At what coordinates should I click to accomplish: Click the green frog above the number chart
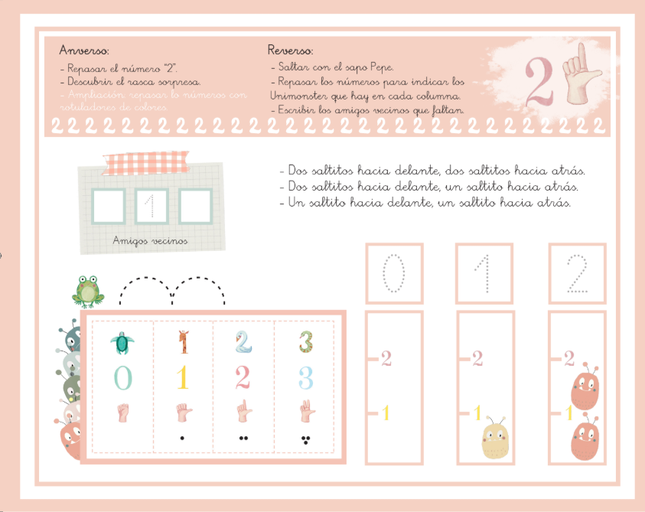pyautogui.click(x=88, y=291)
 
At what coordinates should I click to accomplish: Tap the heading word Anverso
pyautogui.click(x=84, y=51)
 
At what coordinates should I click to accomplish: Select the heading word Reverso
pyautogui.click(x=290, y=51)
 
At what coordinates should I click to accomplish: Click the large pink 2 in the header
pyautogui.click(x=541, y=80)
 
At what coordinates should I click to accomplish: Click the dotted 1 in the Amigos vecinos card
pyautogui.click(x=151, y=206)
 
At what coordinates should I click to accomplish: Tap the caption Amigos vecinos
pyautogui.click(x=150, y=240)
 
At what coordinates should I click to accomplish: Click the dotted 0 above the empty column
pyautogui.click(x=393, y=274)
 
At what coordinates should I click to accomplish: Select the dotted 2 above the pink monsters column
pyautogui.click(x=578, y=274)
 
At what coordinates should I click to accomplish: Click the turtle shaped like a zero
pyautogui.click(x=119, y=342)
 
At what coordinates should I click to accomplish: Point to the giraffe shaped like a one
pyautogui.click(x=182, y=341)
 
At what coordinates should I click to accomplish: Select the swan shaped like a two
pyautogui.click(x=243, y=341)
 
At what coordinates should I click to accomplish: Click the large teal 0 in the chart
pyautogui.click(x=121, y=378)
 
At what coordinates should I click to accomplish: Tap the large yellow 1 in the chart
pyautogui.click(x=182, y=378)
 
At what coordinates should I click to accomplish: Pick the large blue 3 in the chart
pyautogui.click(x=305, y=378)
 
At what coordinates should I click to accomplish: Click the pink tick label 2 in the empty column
pyautogui.click(x=386, y=357)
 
